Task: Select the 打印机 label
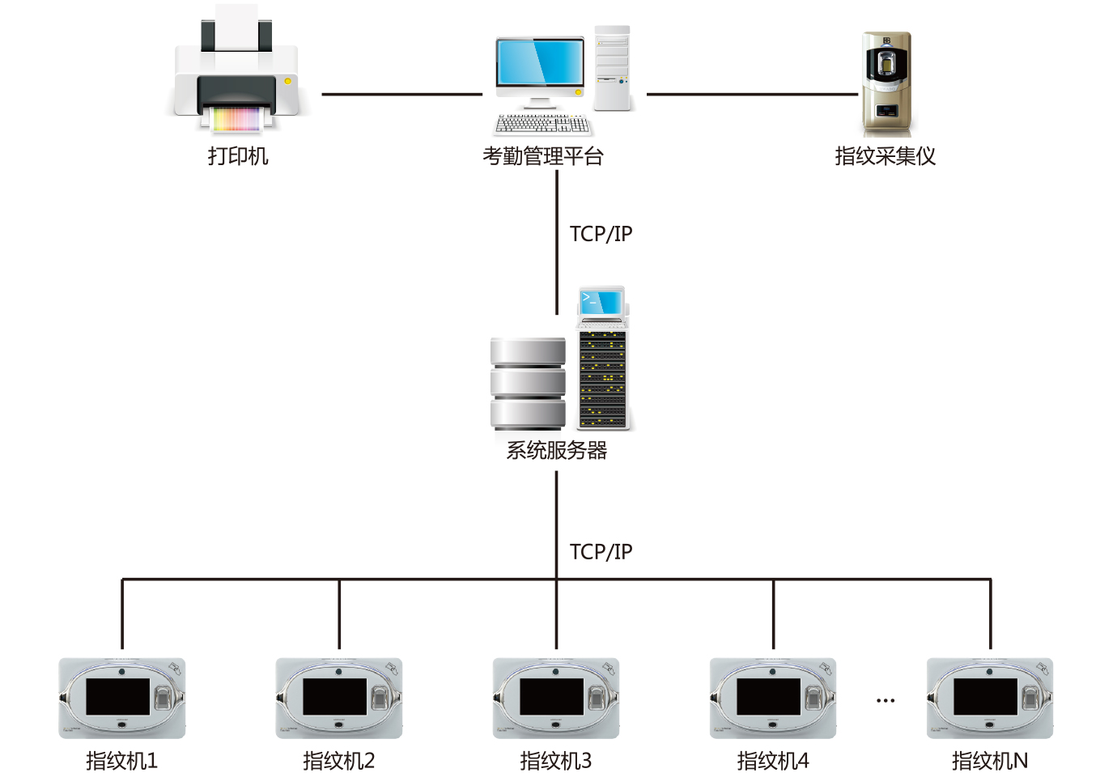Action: pos(237,155)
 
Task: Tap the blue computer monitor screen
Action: pos(541,62)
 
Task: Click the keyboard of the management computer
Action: pos(542,124)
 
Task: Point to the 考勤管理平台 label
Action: pos(543,155)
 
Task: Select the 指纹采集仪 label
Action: pos(885,155)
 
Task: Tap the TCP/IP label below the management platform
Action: pos(601,234)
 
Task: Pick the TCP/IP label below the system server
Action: pos(601,552)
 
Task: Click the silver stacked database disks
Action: pos(528,383)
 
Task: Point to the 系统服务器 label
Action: pos(557,450)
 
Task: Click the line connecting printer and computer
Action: pos(401,94)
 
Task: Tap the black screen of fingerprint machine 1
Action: pos(118,697)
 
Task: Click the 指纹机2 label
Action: pos(339,761)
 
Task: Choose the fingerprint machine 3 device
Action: pos(556,698)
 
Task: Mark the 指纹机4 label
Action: pos(773,761)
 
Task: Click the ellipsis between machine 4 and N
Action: pos(886,700)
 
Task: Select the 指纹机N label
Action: pos(990,761)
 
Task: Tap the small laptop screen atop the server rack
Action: pos(601,302)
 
